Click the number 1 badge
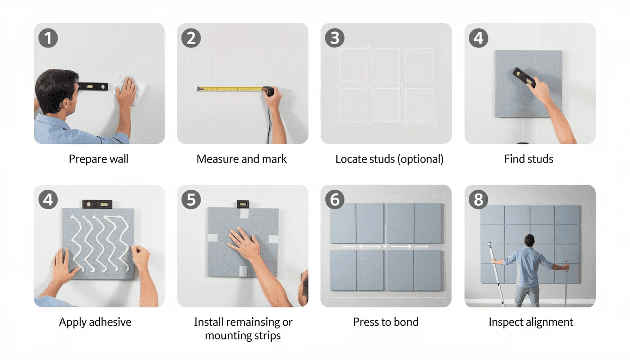tap(48, 38)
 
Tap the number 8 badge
tap(479, 200)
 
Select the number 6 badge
tap(335, 200)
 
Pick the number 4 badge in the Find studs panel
tap(479, 38)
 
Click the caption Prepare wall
tap(98, 159)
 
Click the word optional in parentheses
tap(420, 159)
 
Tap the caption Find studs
tap(529, 159)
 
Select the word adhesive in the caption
tap(110, 322)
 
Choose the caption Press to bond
tap(386, 322)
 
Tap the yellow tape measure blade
tap(230, 89)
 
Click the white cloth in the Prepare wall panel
tap(130, 89)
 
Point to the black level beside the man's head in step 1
tap(93, 86)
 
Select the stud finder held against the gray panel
tap(524, 77)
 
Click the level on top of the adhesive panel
tap(97, 204)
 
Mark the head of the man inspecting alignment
tap(529, 241)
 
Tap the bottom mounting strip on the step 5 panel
tap(243, 271)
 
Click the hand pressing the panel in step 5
tap(245, 244)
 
